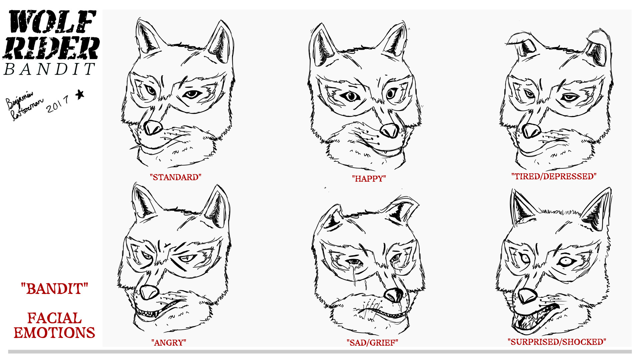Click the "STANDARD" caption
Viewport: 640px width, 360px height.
click(x=175, y=177)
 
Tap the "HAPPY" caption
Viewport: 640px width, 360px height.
click(x=369, y=179)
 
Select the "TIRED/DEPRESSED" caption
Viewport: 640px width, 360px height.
click(x=554, y=176)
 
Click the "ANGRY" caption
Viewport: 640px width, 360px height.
click(x=169, y=343)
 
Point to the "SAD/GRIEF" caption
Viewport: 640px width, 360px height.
click(x=372, y=343)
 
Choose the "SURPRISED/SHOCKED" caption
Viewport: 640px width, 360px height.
click(x=557, y=342)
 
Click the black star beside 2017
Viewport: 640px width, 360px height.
click(x=80, y=95)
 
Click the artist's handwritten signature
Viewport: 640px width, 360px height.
click(x=23, y=105)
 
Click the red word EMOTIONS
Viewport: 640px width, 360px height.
click(x=54, y=333)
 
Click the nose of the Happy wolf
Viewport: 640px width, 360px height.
click(x=389, y=131)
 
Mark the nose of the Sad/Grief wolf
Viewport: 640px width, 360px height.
click(x=394, y=295)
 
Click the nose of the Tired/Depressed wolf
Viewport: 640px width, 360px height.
click(x=531, y=131)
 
